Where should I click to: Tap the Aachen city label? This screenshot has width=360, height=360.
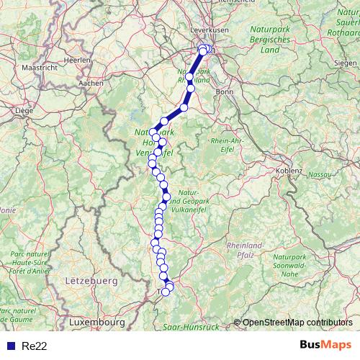(90, 84)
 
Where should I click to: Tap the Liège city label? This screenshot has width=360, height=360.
(25, 111)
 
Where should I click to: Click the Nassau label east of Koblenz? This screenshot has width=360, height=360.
(319, 174)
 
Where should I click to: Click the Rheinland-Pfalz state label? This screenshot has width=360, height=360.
(246, 250)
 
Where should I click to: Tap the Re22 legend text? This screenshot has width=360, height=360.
(35, 345)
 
